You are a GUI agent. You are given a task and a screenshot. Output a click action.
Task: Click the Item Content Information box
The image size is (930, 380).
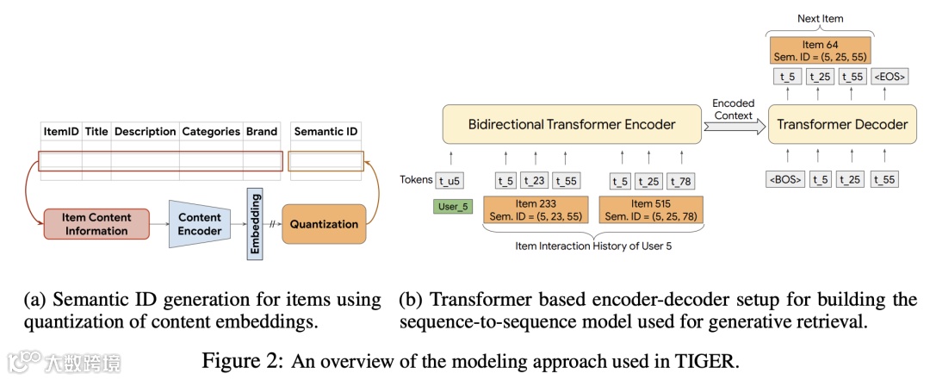click(x=96, y=224)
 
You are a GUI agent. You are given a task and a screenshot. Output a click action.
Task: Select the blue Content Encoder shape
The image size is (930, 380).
click(x=200, y=224)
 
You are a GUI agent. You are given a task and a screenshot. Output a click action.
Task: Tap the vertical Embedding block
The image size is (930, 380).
click(x=255, y=222)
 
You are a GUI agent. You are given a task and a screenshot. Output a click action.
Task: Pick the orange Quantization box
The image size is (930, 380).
click(x=324, y=224)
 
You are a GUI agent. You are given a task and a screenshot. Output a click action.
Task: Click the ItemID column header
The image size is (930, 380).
click(x=61, y=131)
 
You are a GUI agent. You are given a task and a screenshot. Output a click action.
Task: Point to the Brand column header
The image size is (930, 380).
click(x=262, y=131)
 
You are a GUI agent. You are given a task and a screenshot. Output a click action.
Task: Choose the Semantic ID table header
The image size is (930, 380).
click(x=325, y=131)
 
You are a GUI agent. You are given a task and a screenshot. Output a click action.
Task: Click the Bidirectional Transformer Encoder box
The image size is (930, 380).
click(x=571, y=125)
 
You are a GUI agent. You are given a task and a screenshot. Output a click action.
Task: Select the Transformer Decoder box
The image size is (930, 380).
click(x=842, y=125)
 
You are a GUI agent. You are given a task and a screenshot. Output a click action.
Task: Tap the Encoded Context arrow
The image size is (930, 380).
click(x=734, y=126)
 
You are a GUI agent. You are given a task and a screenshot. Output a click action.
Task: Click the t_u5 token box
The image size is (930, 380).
click(x=449, y=181)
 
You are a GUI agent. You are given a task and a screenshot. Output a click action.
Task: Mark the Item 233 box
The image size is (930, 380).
click(x=536, y=210)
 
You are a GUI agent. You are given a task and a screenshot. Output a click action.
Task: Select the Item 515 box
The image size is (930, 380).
click(x=651, y=210)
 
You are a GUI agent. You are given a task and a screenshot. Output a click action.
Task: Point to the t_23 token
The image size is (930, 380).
click(x=536, y=181)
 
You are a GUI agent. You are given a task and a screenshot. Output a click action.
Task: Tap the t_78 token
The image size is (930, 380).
click(x=680, y=181)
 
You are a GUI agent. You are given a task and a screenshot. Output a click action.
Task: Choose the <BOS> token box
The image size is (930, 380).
click(x=785, y=179)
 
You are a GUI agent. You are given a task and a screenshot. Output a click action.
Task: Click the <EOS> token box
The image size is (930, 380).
click(x=889, y=77)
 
